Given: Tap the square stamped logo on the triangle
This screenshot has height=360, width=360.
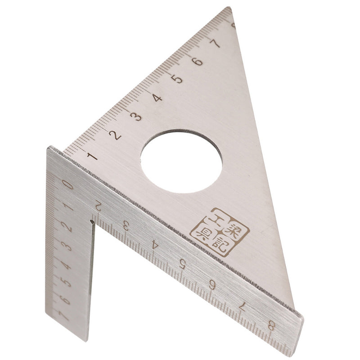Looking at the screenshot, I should point(220,232).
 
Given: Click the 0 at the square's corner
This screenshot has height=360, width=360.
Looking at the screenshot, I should point(68,184).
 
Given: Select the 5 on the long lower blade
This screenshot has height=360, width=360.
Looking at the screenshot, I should point(183,264).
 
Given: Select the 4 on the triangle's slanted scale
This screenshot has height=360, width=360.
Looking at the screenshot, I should point(157,98).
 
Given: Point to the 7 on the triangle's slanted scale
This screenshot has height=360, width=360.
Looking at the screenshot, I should point(216,44).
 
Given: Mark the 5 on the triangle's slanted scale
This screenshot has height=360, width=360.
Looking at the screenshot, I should point(177,79).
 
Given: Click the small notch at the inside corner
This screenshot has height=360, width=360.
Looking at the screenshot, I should point(92,221).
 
